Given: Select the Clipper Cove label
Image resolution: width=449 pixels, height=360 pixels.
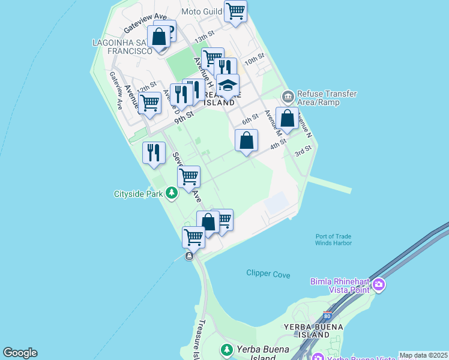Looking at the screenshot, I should [268, 274].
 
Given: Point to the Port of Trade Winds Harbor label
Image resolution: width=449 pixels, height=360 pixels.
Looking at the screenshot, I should [333, 239].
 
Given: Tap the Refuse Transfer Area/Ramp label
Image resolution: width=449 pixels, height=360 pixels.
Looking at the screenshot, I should [327, 98].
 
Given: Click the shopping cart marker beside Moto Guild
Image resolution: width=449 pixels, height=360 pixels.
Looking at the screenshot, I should [236, 11].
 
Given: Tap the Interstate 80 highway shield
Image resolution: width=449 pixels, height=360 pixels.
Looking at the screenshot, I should [327, 316].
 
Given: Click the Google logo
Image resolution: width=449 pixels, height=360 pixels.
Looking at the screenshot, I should [20, 353].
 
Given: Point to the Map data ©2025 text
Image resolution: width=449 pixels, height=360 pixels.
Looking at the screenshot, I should [423, 355].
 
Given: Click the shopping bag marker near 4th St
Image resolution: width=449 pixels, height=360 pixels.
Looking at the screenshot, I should [246, 142].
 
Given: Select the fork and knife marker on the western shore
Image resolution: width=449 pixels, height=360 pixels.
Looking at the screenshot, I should [154, 152].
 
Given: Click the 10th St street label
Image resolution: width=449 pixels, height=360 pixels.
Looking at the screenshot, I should [254, 59].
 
